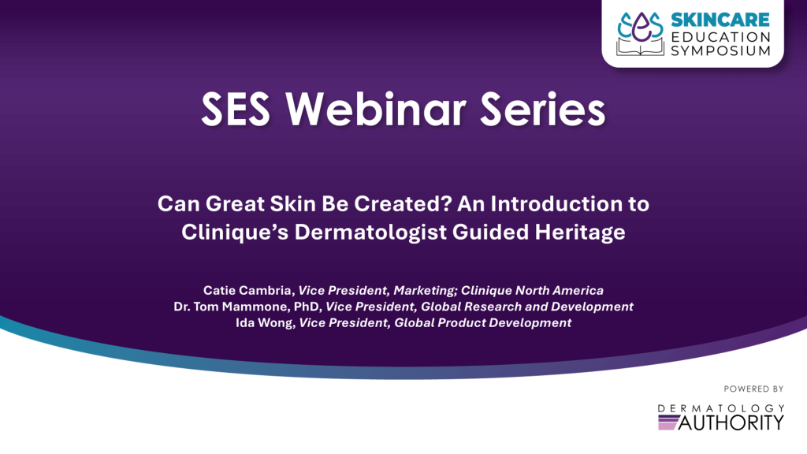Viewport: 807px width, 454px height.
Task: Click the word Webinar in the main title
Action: point(376,109)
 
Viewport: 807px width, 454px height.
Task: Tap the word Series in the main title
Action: point(542,109)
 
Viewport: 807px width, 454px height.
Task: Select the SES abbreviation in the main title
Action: point(235,109)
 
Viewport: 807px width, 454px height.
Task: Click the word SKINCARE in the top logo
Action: point(720,20)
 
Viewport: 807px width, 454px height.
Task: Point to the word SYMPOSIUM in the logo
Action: point(720,50)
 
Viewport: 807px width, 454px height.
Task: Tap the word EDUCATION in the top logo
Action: point(720,37)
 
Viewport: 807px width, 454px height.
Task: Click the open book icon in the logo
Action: point(640,47)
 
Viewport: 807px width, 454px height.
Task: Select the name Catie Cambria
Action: point(247,290)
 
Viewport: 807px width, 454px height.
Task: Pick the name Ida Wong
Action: point(264,322)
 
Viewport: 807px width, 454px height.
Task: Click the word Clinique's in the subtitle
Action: point(235,232)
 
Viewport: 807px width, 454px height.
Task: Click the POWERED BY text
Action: point(753,389)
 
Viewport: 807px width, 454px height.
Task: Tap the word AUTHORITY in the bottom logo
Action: point(731,422)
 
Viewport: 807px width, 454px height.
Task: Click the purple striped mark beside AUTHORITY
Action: point(669,422)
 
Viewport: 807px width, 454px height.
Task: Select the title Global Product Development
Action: point(483,322)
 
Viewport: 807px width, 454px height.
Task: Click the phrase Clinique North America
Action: point(532,290)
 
